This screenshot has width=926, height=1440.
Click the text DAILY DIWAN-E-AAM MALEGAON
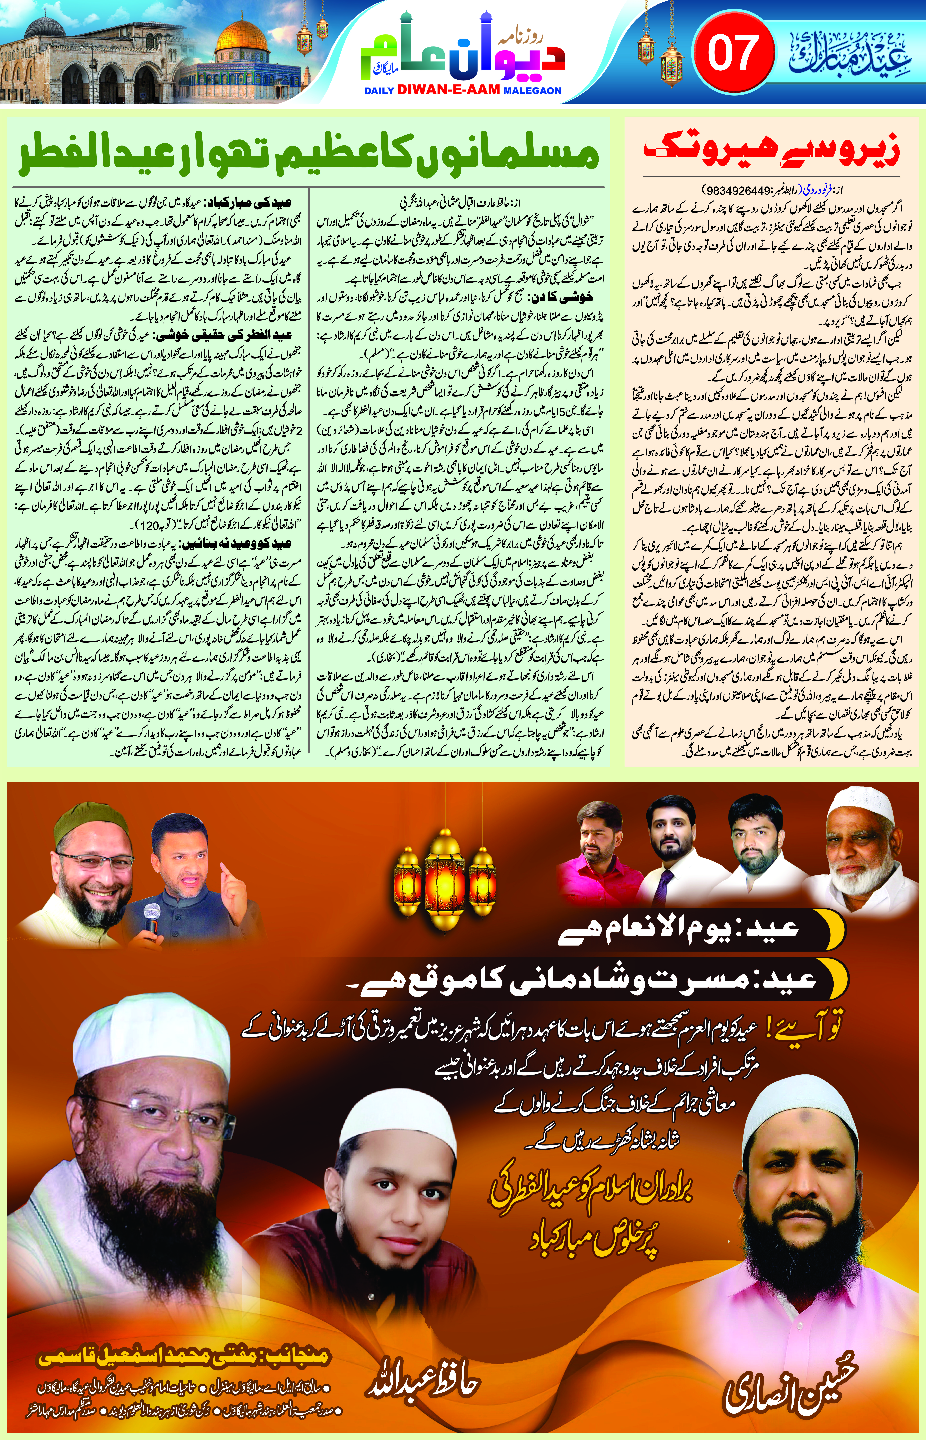point(463,91)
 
